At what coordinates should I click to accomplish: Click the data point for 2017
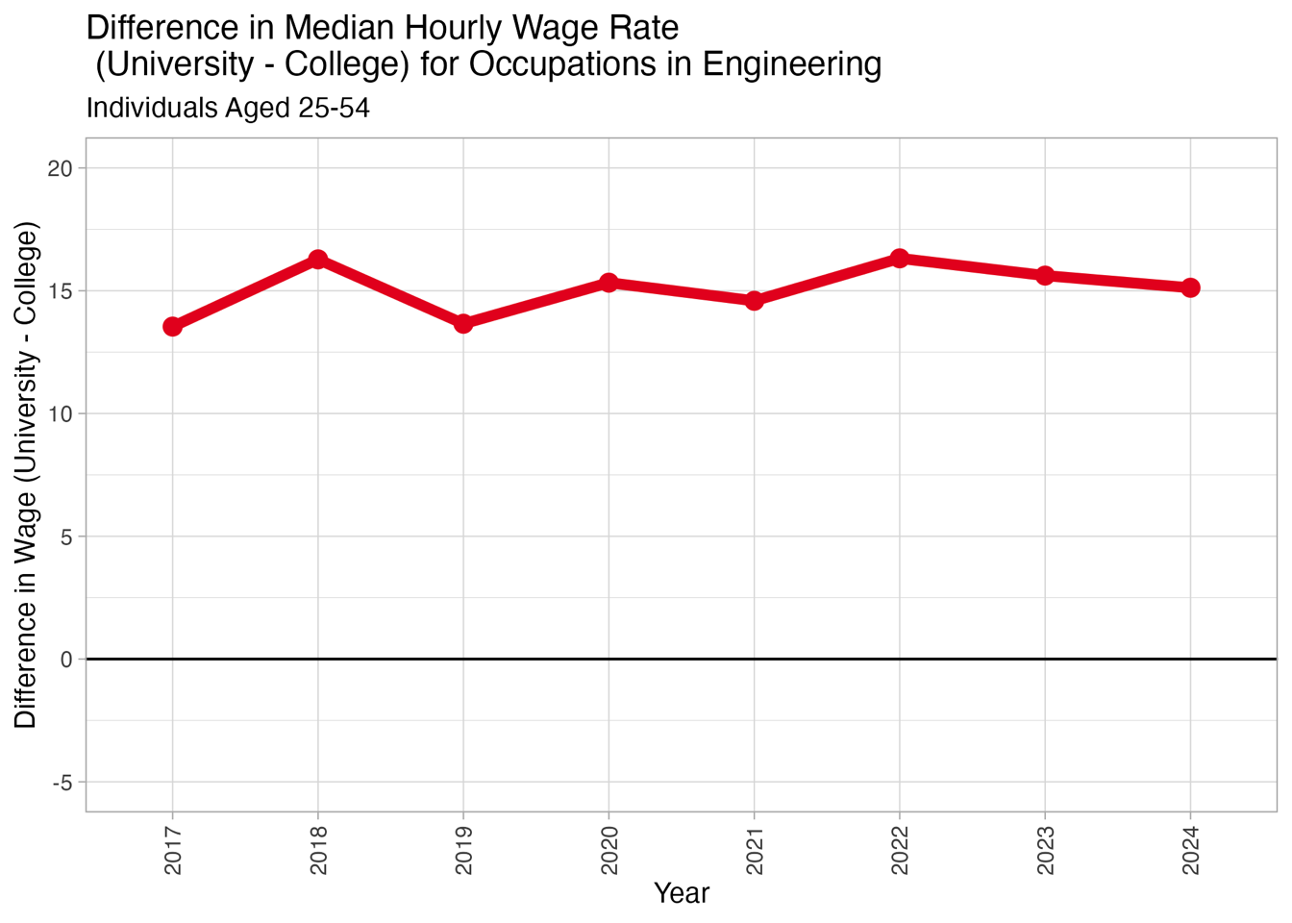coord(172,327)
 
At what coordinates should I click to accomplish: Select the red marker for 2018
coord(318,260)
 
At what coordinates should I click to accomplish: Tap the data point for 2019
coord(463,324)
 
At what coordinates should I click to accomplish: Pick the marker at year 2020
coord(609,282)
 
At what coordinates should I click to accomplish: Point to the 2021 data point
coord(754,301)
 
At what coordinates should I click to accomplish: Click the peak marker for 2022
coord(900,258)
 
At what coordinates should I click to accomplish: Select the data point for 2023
coord(1045,275)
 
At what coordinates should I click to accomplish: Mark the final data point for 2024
coord(1190,287)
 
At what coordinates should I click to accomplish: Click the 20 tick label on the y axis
coord(61,168)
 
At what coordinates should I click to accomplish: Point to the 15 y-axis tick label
coord(61,291)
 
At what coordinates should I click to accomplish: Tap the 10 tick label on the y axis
coord(61,414)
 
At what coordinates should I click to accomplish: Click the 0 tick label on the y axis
coord(66,660)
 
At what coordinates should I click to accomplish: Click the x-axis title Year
coord(681,893)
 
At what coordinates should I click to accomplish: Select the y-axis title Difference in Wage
coord(26,475)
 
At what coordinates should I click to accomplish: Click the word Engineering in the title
coord(792,64)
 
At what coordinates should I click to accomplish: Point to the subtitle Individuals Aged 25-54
coord(228,108)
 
